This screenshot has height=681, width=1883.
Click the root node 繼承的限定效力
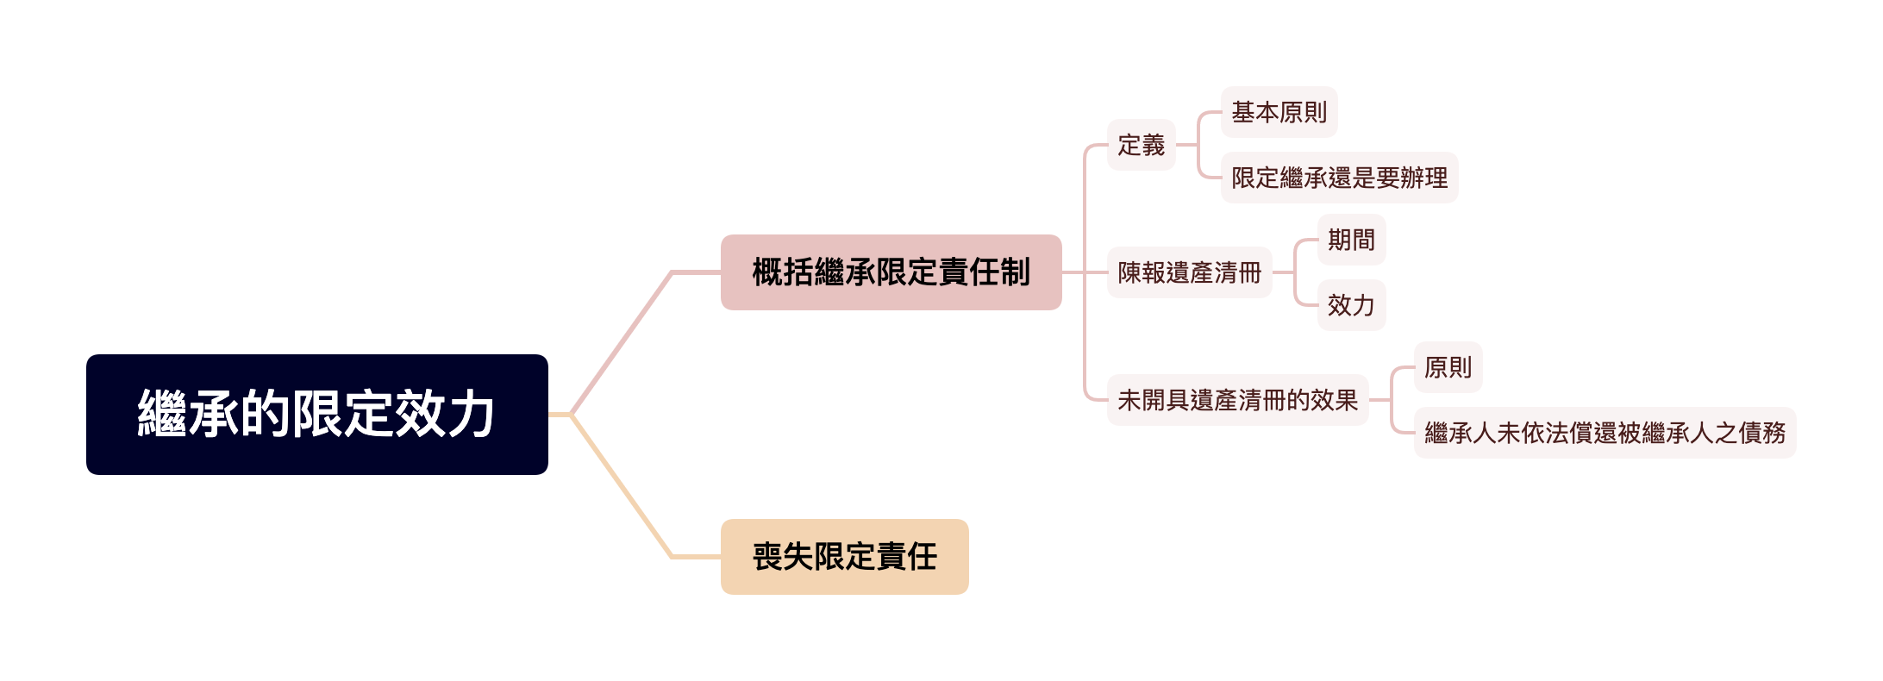click(316, 414)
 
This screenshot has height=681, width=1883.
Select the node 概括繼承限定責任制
click(891, 272)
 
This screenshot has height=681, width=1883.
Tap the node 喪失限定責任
click(844, 557)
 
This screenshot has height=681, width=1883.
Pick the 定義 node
click(1141, 145)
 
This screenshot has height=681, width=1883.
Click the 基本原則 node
click(1279, 112)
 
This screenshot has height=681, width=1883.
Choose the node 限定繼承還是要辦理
click(1339, 178)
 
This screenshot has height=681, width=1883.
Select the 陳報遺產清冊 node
click(1189, 272)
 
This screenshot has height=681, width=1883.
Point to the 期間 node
click(1351, 240)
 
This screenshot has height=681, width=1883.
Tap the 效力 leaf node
click(1351, 305)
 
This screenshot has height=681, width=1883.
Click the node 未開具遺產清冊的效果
click(1237, 400)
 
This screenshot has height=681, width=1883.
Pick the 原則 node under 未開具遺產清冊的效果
click(1448, 367)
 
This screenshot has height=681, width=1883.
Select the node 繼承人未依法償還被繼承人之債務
click(1605, 433)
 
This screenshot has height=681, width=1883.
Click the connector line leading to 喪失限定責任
click(622, 487)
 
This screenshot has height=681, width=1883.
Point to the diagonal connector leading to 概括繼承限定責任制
click(622, 342)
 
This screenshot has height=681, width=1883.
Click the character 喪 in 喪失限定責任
click(767, 557)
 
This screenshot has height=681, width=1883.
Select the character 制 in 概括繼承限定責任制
click(1015, 272)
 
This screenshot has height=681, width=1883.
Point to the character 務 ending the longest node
click(1774, 433)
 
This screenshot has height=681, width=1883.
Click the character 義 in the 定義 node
click(1153, 145)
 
